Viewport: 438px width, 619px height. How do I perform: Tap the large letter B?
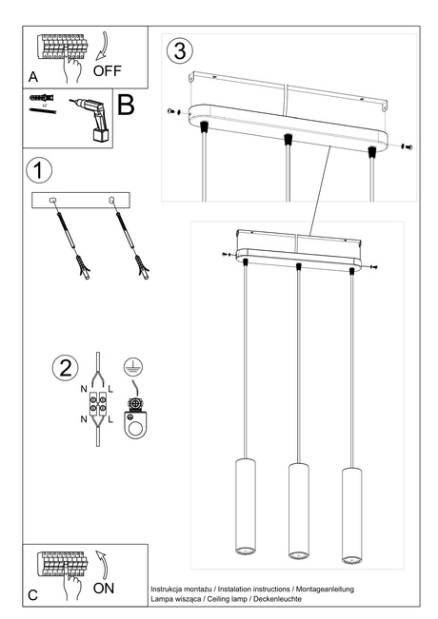tap(126, 105)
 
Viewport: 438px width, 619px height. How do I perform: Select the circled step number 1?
tap(38, 171)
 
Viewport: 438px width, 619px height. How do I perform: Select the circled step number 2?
tap(64, 368)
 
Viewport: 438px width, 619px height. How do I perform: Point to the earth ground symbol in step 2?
tap(133, 366)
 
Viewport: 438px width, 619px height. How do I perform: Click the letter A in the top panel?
tap(32, 75)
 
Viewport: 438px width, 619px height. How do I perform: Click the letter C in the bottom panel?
tap(32, 595)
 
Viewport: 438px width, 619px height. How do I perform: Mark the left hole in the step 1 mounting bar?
tap(53, 200)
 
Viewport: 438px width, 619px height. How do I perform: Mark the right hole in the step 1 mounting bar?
tap(114, 200)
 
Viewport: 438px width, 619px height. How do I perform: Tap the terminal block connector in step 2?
tap(95, 405)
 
